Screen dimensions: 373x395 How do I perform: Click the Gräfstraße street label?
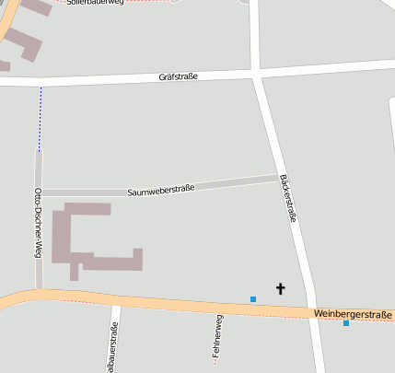179,77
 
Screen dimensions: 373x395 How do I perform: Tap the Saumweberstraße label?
161,190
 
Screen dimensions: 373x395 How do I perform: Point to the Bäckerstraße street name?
287,198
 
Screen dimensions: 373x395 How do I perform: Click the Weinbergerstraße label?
353,314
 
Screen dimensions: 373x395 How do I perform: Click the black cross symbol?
281,289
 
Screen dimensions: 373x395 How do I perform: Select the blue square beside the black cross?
253,298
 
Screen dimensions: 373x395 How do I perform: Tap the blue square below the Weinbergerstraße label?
346,323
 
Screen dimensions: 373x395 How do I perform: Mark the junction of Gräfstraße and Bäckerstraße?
255,73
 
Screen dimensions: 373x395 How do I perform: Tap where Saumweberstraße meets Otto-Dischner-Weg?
39,193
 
